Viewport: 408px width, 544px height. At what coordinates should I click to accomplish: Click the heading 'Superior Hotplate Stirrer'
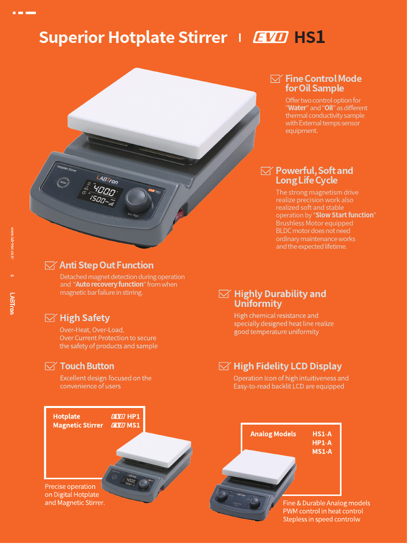[x=133, y=38]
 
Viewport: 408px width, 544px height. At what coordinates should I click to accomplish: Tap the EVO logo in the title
[x=270, y=38]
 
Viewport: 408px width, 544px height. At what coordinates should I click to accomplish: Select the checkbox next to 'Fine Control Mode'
[x=276, y=79]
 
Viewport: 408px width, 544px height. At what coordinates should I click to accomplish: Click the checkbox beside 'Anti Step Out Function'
[x=50, y=265]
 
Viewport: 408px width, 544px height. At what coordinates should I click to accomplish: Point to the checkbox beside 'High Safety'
[x=50, y=318]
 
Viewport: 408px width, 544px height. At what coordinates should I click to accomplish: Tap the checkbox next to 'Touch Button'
[x=50, y=366]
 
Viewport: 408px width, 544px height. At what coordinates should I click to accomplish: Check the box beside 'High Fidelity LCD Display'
[x=224, y=366]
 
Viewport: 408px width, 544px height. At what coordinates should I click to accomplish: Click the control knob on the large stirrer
[x=138, y=199]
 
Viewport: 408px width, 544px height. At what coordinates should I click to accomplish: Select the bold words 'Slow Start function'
[x=345, y=215]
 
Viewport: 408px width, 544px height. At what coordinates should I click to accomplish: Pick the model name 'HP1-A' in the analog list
[x=322, y=443]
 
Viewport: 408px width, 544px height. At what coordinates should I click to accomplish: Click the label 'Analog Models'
[x=273, y=434]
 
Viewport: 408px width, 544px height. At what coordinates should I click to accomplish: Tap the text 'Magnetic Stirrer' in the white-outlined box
[x=78, y=425]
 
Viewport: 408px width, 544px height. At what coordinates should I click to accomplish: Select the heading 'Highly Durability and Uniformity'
[x=280, y=299]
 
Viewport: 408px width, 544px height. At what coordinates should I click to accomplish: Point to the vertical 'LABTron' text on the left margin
[x=12, y=303]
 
